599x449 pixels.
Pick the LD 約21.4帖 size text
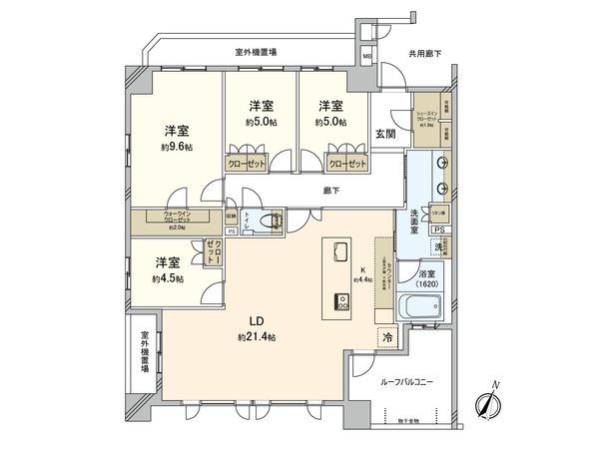pos(256,336)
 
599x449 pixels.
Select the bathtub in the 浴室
pos(416,307)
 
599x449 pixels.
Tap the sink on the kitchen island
pos(338,250)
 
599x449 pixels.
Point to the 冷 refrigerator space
pos(386,338)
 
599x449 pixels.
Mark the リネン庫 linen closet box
pos(439,214)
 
